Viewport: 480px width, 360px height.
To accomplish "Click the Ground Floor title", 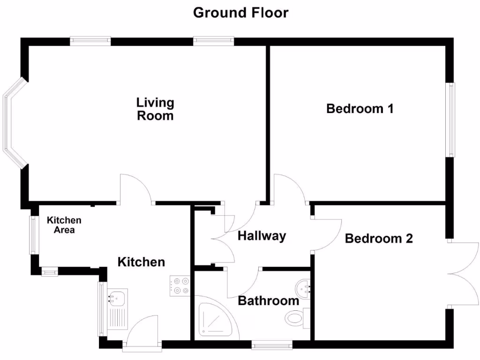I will click(x=240, y=13).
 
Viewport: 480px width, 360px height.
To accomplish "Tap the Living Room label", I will click(x=155, y=109).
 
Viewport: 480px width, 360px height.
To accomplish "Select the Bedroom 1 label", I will click(x=360, y=109).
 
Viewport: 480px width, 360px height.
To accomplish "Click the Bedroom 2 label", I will click(x=379, y=239).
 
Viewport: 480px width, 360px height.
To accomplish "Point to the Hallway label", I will click(x=262, y=236).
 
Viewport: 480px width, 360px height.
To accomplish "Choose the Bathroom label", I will click(x=268, y=300).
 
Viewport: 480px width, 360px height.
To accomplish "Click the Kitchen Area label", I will click(x=64, y=225).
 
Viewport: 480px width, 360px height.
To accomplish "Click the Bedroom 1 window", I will click(x=450, y=120).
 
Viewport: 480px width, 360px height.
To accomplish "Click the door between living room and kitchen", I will click(x=136, y=190).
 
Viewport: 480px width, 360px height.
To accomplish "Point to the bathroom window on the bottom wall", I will click(x=272, y=346).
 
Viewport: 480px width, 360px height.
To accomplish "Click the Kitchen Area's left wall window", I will click(x=33, y=234).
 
